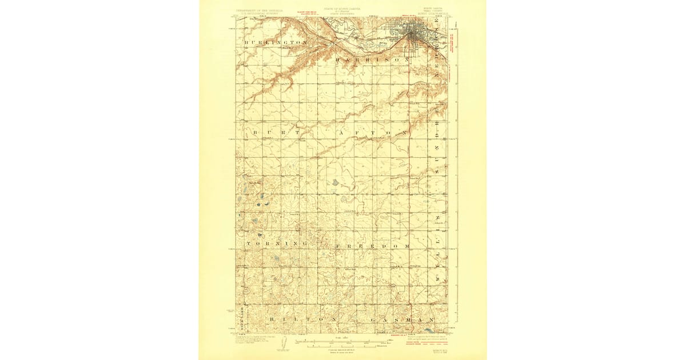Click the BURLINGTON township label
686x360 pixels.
pos(276,43)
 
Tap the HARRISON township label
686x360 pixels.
pos(373,59)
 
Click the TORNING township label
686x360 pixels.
pos(276,244)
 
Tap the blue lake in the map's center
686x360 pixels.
pos(334,183)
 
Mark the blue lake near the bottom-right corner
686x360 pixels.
pos(429,330)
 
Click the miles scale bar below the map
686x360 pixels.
pos(343,343)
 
